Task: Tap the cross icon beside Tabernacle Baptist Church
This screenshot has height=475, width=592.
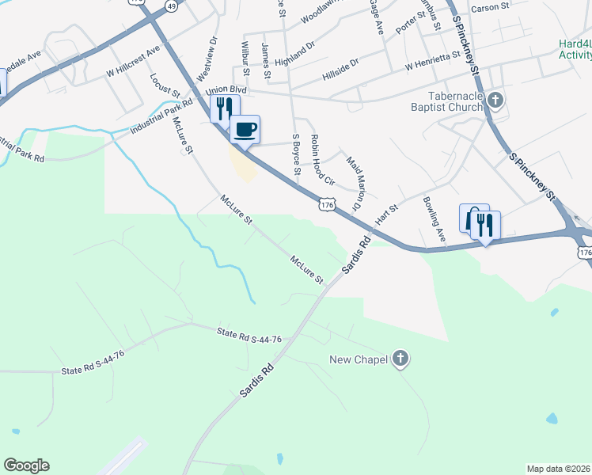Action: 495,101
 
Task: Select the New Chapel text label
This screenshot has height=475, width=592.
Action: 359,360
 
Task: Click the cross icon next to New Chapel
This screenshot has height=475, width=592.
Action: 401,359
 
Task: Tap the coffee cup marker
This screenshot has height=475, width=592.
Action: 245,128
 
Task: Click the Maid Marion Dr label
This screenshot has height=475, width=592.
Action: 353,184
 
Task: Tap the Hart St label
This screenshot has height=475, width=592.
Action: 386,213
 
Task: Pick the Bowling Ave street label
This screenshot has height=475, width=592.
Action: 435,218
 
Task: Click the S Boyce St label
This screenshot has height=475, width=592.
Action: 298,155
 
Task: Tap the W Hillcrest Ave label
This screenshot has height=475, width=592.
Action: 134,60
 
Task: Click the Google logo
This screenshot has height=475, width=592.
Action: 26,465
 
